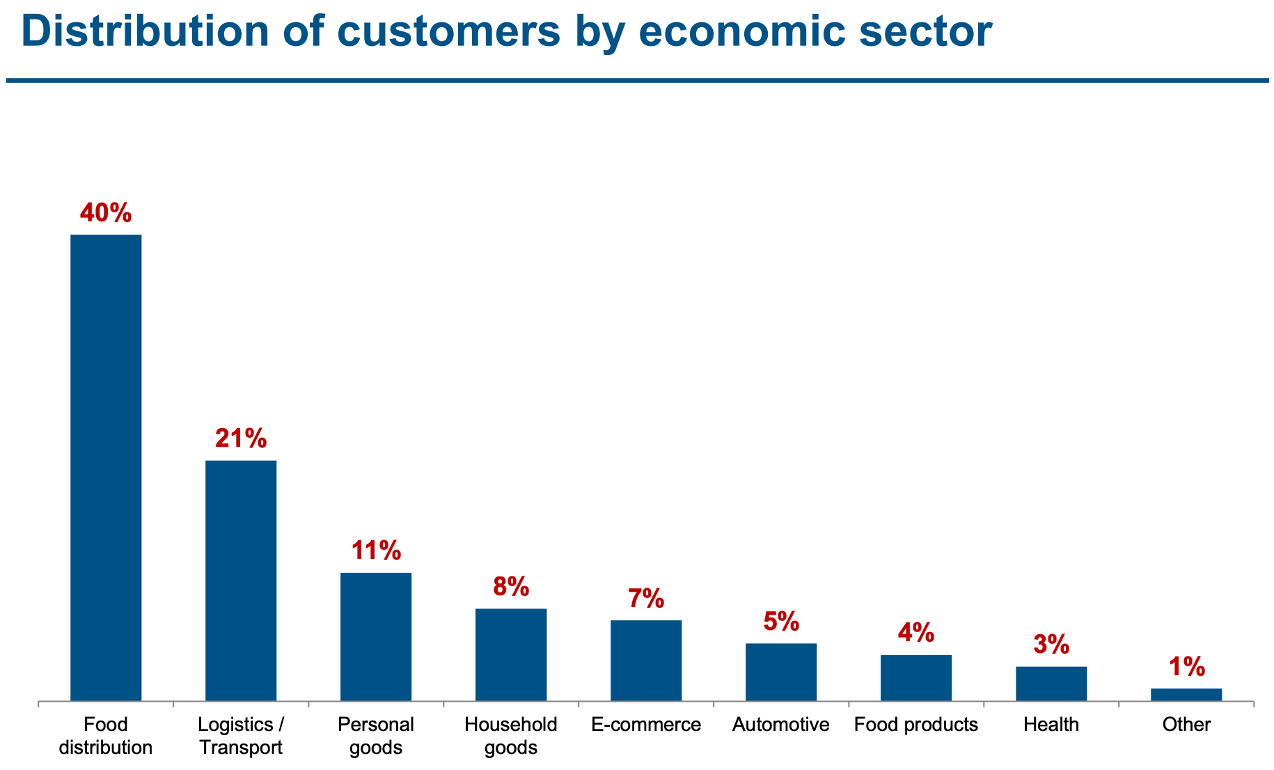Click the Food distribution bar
[106, 467]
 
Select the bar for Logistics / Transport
[241, 580]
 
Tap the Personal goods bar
[376, 636]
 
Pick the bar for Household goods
[511, 654]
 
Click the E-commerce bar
[646, 660]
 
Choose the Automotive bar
[781, 672]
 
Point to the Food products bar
[916, 677]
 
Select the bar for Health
[1051, 683]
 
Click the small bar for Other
[1186, 694]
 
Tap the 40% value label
[106, 213]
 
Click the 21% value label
[241, 439]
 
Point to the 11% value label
[376, 551]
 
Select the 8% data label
[511, 587]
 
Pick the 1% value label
[1186, 667]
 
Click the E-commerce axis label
[646, 725]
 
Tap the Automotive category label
[781, 725]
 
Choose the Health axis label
[1051, 725]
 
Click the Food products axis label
[916, 725]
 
